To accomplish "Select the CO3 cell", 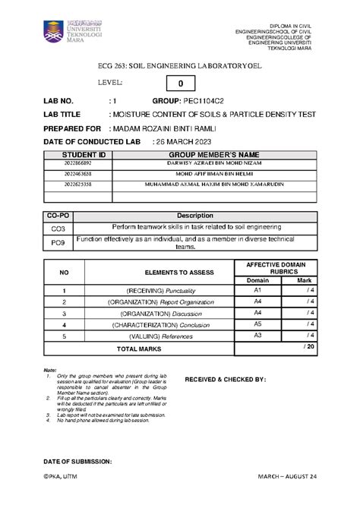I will tap(58, 227).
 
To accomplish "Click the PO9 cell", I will tap(58, 242).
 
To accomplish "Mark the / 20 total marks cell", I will tap(308, 346).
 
